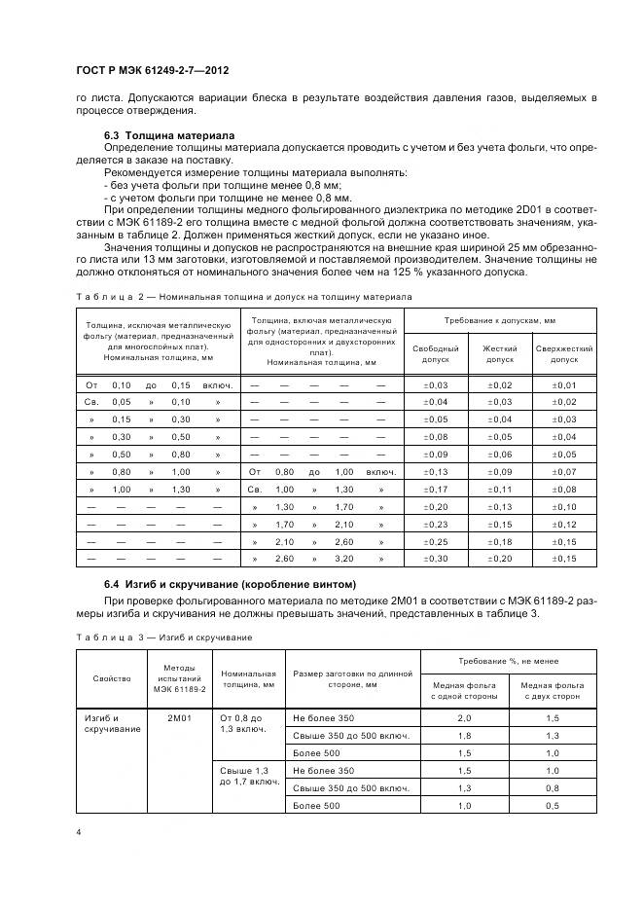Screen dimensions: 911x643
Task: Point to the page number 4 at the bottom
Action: click(77, 832)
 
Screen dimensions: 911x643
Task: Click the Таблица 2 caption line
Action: click(244, 296)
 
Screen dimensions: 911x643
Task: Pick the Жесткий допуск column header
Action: click(499, 353)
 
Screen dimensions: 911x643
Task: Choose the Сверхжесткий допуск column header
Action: click(564, 353)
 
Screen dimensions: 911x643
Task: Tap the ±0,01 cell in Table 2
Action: click(564, 384)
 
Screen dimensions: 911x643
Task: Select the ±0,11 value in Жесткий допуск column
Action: click(499, 489)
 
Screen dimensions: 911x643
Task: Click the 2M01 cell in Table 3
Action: click(179, 717)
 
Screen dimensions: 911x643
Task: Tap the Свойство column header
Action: click(106, 679)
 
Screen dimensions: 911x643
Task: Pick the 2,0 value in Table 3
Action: click(465, 717)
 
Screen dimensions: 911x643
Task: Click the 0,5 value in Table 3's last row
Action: click(553, 805)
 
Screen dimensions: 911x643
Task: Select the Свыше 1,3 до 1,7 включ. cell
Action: click(250, 776)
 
